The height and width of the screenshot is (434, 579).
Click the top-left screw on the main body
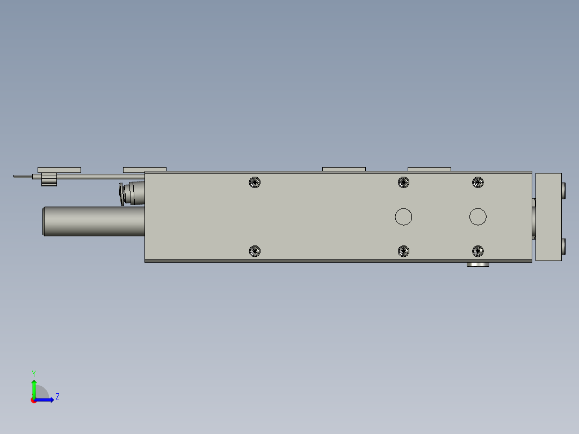click(x=255, y=182)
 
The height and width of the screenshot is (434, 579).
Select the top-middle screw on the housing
click(x=403, y=182)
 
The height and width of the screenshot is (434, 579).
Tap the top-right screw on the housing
click(x=478, y=182)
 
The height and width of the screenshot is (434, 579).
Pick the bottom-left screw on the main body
click(x=255, y=251)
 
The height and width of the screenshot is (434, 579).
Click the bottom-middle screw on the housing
click(x=403, y=251)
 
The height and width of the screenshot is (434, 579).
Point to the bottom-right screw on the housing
click(x=478, y=251)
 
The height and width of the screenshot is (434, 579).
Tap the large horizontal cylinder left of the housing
click(x=94, y=221)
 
